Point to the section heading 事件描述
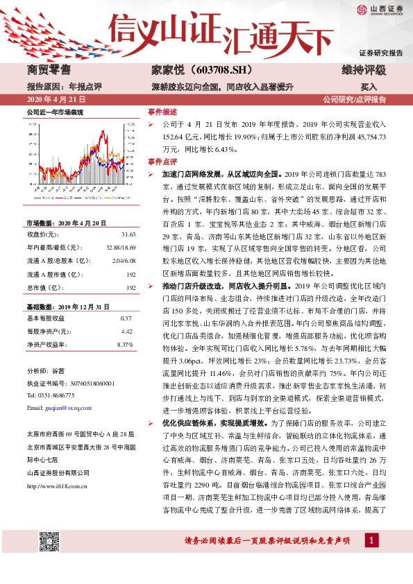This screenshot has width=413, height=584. pos(162,112)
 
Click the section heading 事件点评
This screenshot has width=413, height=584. pos(162,161)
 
